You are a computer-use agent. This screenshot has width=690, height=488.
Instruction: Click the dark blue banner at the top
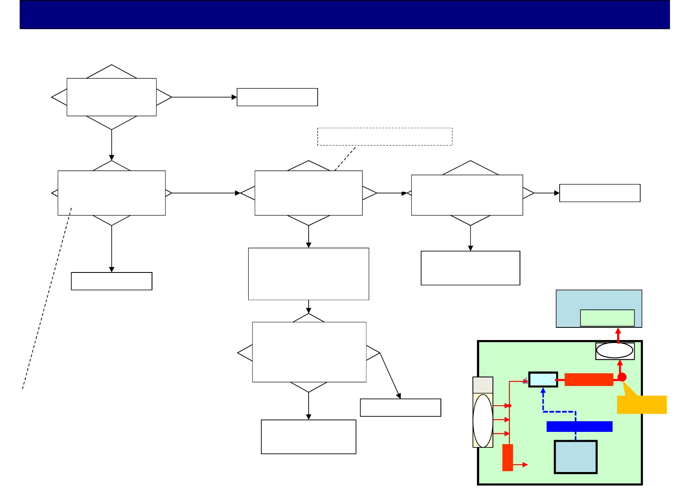click(345, 15)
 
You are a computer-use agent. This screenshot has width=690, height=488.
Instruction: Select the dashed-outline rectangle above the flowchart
click(385, 136)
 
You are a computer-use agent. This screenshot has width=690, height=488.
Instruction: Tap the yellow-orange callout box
click(642, 405)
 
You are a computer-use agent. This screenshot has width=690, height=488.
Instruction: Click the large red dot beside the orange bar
click(622, 377)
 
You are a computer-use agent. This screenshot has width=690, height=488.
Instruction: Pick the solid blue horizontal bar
click(579, 427)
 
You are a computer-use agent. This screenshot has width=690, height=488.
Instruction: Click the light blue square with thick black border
click(576, 457)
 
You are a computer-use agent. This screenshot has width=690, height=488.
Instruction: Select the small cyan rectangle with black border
click(543, 379)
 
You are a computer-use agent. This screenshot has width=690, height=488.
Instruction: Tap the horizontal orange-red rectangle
click(588, 379)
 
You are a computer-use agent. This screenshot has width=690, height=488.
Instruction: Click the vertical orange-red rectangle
click(508, 457)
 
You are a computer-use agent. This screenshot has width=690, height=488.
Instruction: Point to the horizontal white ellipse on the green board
click(615, 351)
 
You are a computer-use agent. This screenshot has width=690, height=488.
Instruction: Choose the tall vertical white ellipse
click(483, 421)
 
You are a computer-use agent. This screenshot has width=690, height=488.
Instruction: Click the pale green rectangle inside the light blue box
click(607, 318)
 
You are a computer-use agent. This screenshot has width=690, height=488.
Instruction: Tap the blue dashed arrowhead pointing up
click(543, 391)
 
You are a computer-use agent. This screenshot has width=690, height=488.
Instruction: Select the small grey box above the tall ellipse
click(483, 385)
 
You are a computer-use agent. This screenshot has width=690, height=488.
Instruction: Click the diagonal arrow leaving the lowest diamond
click(390, 375)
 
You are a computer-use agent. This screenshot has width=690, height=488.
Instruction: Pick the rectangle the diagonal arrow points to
click(400, 408)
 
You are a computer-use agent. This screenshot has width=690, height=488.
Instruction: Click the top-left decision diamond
click(111, 97)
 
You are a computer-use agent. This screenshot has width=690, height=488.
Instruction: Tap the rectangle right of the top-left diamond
click(277, 97)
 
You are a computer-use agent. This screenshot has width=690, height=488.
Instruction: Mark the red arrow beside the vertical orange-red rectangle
click(521, 465)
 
